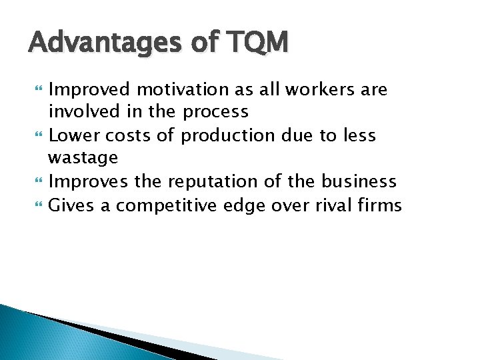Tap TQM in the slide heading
click(x=257, y=43)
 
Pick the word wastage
click(x=83, y=158)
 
